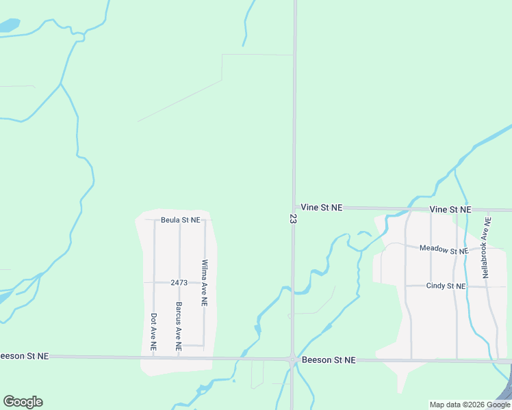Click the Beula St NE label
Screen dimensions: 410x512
point(181,220)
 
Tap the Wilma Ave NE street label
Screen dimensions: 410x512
point(204,282)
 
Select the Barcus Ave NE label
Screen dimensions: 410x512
point(179,326)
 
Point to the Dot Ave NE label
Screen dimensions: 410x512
point(153,332)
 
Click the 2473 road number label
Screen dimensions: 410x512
point(179,282)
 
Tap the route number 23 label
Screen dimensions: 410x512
point(293,218)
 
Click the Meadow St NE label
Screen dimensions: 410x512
point(444,249)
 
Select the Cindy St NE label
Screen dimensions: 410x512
point(446,286)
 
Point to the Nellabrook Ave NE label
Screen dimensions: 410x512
point(486,247)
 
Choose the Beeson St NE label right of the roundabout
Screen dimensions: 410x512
point(329,359)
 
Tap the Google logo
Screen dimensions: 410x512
point(23,402)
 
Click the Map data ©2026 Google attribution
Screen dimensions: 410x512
point(470,405)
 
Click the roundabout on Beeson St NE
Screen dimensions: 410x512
point(293,359)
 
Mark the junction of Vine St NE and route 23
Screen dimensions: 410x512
point(294,207)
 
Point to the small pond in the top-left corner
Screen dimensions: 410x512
point(8,27)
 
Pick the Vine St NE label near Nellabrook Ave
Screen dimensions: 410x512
point(450,209)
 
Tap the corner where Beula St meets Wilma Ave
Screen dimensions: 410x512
point(205,220)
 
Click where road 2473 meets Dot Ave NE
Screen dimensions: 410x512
point(154,282)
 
